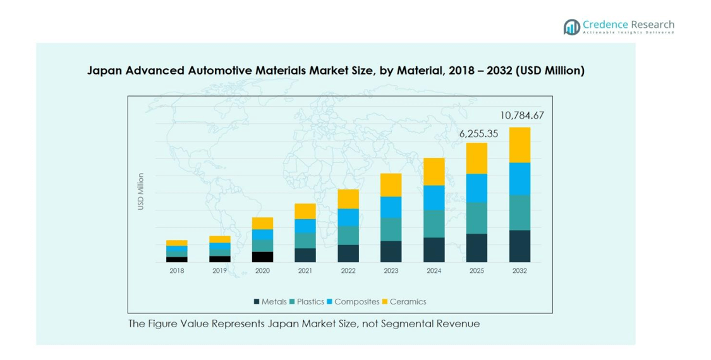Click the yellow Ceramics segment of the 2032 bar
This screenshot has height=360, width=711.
point(520,145)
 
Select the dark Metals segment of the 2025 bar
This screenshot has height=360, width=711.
point(477,248)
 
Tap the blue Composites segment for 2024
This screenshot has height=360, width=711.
point(434,197)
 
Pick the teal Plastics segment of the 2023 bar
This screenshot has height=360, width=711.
point(391,229)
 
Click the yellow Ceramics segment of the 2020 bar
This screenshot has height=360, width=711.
point(262,223)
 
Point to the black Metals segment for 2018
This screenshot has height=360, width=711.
point(177,259)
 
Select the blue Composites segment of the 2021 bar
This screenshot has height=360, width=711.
point(305,225)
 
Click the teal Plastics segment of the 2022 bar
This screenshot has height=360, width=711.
point(348,235)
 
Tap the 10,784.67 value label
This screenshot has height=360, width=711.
point(521,116)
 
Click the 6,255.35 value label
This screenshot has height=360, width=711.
point(478,134)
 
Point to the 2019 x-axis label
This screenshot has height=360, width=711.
point(219,271)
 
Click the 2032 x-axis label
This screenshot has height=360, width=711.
point(520,271)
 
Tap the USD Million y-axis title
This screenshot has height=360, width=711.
point(140,191)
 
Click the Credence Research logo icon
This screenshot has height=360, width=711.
point(572,27)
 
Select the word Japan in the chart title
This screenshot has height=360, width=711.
point(104,71)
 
